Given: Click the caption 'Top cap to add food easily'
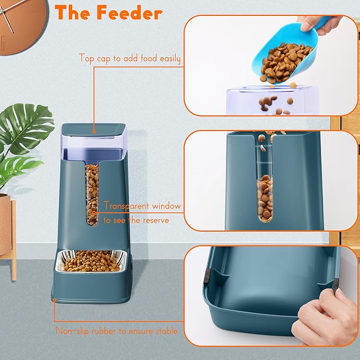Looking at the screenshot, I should pos(129,58).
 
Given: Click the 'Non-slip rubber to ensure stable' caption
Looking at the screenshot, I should pos(117,331).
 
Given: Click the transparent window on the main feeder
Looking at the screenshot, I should pos(92,194).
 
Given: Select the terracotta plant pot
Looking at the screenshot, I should pos(5,223).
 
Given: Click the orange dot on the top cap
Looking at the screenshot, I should pos(94,130).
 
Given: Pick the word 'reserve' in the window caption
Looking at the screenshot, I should pos(157,219).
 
